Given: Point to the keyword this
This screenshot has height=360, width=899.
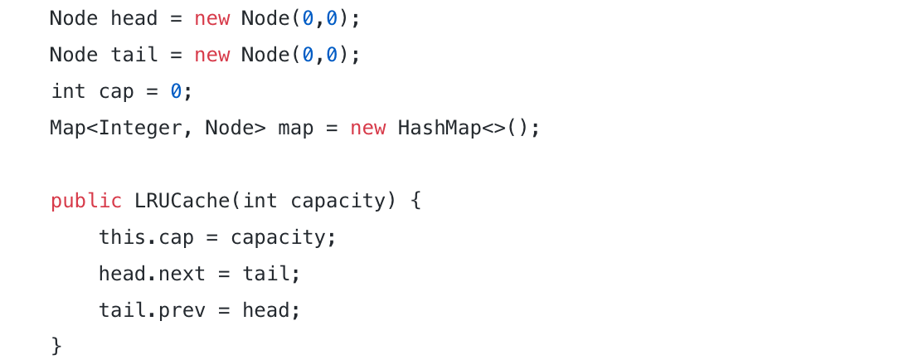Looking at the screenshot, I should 122,237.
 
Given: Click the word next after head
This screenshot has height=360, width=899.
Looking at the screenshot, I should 182,274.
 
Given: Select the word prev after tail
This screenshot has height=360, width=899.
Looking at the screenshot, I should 182,310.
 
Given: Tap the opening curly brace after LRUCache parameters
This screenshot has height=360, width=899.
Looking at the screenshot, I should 415,201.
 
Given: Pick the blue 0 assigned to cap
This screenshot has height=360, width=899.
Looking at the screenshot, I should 176,91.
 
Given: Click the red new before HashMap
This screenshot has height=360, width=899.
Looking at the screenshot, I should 367,129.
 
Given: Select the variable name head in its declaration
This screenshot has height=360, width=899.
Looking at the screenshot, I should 134,18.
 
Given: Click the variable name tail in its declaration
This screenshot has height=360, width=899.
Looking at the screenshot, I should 134,55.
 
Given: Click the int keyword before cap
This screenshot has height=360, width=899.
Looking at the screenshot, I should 68,91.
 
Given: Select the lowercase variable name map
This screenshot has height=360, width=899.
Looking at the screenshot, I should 295,129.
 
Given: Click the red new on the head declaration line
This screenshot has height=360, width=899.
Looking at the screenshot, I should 211,18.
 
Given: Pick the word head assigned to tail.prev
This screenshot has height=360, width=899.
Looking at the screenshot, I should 265,310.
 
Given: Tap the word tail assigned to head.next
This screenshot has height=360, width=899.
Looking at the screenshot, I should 265,274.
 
